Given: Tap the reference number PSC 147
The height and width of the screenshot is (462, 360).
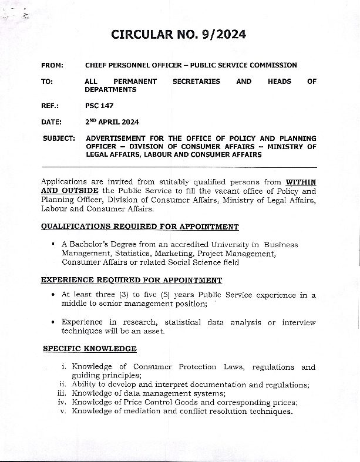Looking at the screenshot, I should coord(99,106).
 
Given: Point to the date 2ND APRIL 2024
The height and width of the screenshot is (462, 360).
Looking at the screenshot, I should coord(112,122).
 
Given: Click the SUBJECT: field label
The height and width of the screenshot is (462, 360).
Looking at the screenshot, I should coord(59,139).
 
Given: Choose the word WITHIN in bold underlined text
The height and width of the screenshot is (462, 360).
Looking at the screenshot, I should coord(300,182).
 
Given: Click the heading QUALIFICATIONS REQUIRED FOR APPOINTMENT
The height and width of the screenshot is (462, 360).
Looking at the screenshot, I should coord(140,227).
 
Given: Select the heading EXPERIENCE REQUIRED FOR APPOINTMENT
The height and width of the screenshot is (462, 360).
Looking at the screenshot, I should coord(132,281).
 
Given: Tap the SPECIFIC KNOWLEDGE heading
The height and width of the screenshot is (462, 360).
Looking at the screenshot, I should coord(90,349).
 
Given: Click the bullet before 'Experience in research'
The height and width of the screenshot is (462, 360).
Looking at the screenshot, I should coord(54,322).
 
